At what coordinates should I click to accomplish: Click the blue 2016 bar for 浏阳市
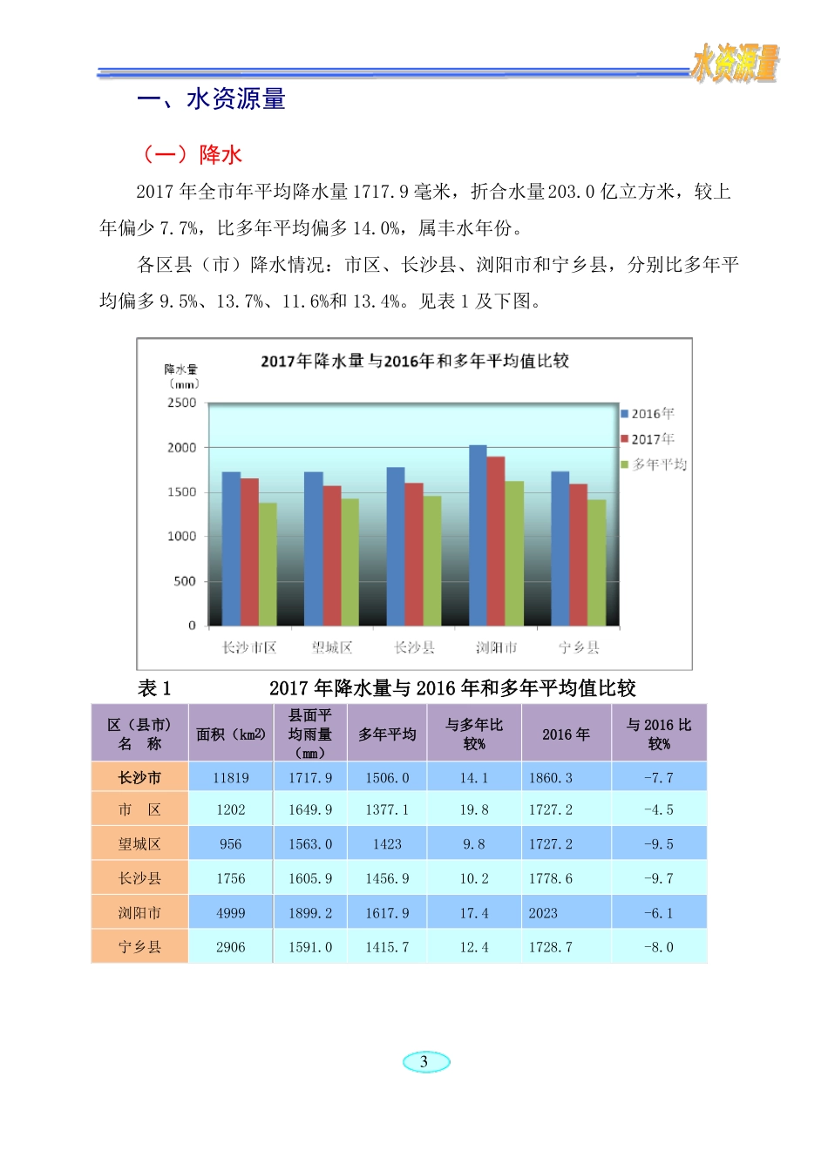pyautogui.click(x=478, y=535)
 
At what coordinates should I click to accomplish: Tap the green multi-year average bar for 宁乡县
pyautogui.click(x=596, y=562)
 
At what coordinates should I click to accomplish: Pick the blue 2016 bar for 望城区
pyautogui.click(x=313, y=548)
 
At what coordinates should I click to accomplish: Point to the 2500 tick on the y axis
pyautogui.click(x=182, y=403)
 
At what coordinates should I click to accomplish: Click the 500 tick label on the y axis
pyautogui.click(x=185, y=581)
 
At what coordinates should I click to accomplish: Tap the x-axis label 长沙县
pyautogui.click(x=414, y=647)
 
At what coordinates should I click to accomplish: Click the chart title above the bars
pyautogui.click(x=415, y=361)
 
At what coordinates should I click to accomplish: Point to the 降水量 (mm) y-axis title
pyautogui.click(x=181, y=376)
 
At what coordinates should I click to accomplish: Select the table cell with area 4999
pyautogui.click(x=231, y=913)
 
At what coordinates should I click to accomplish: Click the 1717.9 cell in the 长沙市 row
pyautogui.click(x=310, y=777)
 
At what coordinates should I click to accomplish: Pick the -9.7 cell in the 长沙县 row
pyautogui.click(x=658, y=878)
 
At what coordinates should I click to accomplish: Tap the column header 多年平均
pyautogui.click(x=387, y=734)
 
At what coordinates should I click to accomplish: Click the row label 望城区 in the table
pyautogui.click(x=139, y=843)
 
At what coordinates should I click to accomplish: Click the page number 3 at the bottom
pyautogui.click(x=424, y=1061)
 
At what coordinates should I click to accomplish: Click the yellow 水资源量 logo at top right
pyautogui.click(x=734, y=64)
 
